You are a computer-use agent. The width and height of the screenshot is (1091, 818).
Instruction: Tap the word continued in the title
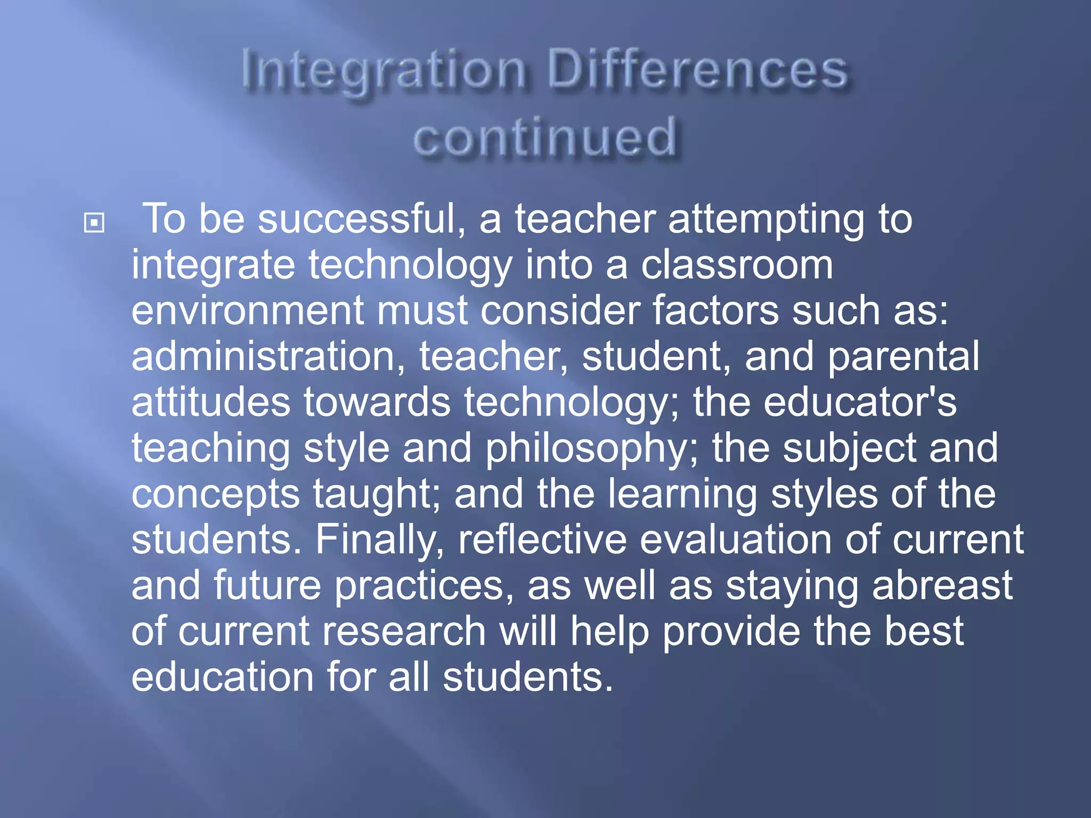pos(545,137)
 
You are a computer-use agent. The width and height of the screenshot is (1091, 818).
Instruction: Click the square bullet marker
pos(94,223)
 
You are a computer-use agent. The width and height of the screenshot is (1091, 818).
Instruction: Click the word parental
pos(903,357)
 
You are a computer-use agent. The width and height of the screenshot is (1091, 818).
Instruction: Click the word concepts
pos(215,495)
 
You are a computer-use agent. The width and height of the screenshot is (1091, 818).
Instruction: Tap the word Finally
pos(380,540)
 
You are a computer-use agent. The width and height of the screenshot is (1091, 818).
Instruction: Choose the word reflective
pos(542,540)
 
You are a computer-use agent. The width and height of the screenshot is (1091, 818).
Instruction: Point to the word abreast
pos(942,585)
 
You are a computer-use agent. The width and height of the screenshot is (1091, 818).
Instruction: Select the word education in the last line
pos(223,677)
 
